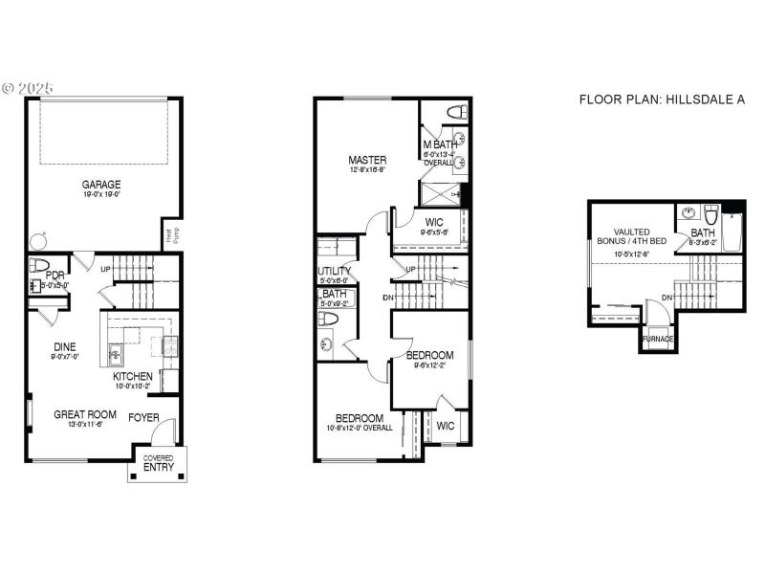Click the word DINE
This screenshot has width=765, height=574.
(x=65, y=346)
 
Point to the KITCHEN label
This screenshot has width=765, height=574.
(x=133, y=376)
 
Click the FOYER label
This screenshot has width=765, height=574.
(x=144, y=416)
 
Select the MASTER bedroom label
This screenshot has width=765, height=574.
(x=367, y=160)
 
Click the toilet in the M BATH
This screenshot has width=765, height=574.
(x=457, y=113)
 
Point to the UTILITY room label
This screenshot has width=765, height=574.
(x=335, y=271)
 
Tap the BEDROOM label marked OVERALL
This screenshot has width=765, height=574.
(x=360, y=418)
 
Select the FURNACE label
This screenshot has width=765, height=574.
(x=657, y=339)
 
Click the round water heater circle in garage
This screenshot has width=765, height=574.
(x=38, y=241)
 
